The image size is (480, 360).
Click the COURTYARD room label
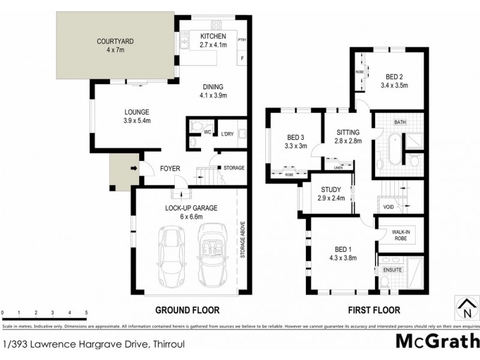pos(115,41)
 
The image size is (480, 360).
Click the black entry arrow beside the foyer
pos(133,169)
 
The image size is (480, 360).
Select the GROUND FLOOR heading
pos(187,310)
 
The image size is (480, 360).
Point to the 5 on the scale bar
pos(86,313)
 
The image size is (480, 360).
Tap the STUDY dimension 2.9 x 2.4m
pos(331,199)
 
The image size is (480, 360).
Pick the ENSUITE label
pos(392,270)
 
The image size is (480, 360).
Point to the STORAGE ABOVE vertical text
pos(243,240)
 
